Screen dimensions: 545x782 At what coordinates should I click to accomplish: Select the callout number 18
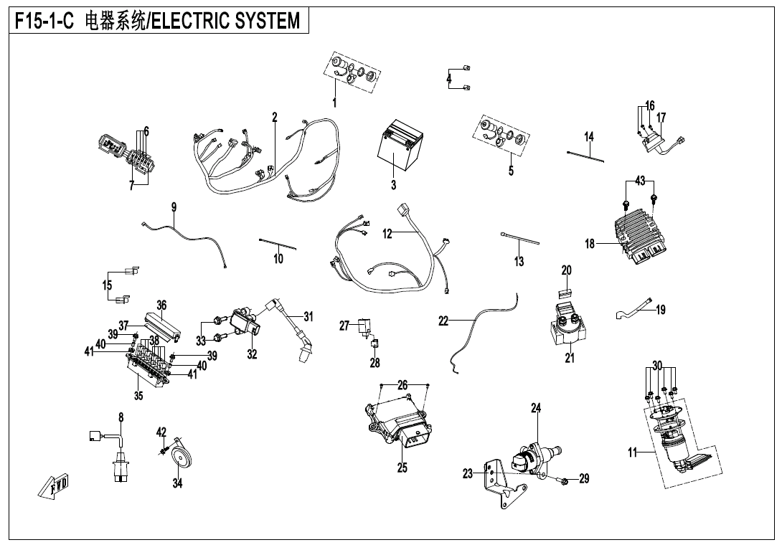click(x=590, y=244)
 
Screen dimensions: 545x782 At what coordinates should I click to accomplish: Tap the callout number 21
click(x=569, y=359)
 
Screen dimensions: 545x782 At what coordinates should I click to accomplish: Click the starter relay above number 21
click(x=567, y=326)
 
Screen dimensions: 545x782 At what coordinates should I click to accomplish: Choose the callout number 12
click(x=387, y=234)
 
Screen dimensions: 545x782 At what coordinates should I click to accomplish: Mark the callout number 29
click(x=584, y=478)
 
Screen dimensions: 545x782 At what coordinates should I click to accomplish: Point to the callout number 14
click(x=588, y=136)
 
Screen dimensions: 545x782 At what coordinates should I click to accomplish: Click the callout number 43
click(x=640, y=180)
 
